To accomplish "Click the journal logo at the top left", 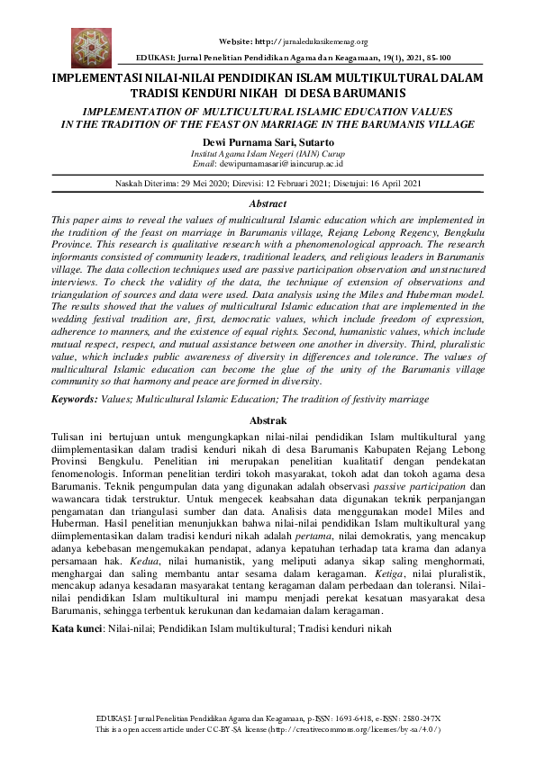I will [x=91, y=46].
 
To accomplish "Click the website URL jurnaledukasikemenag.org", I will [x=329, y=41].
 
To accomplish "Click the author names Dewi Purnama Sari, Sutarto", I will [x=268, y=143].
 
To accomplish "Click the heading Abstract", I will [x=268, y=204].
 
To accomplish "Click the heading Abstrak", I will [x=268, y=420].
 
